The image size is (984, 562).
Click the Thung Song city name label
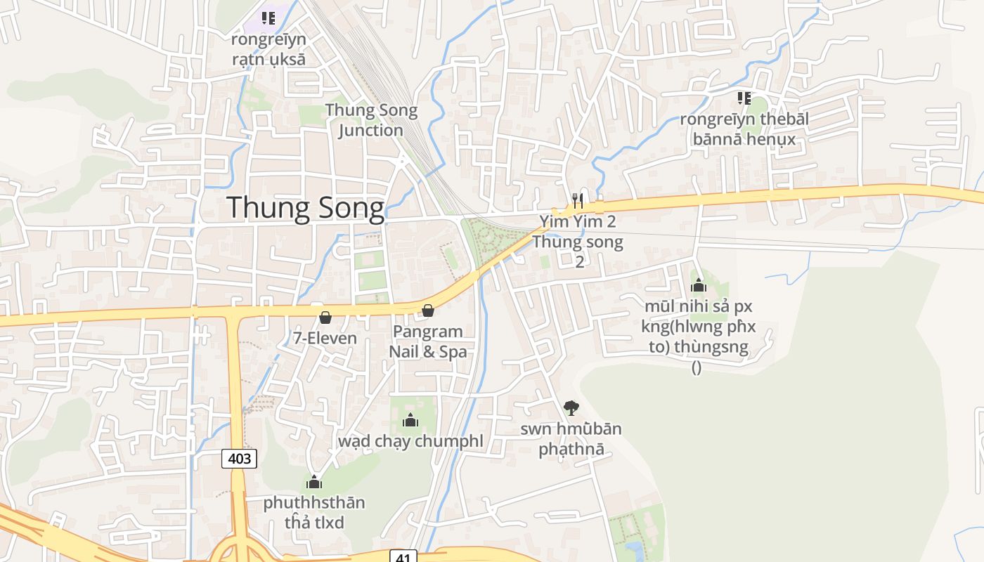pos(306,209)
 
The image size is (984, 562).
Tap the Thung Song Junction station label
pos(371,120)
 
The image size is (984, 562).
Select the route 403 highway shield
pos(240,459)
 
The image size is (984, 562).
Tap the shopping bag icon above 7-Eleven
pos(325,318)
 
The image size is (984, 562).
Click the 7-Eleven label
pos(325,338)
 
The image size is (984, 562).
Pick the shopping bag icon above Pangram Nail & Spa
pos(427,311)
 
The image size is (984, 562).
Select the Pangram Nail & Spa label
pos(427,341)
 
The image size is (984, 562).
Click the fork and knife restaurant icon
pos(578,201)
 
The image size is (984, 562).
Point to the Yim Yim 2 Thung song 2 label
pos(578,242)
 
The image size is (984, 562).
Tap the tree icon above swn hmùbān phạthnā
pos(571,407)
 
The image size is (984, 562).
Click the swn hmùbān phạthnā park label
pos(571,438)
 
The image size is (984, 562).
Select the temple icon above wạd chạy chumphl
pos(410,420)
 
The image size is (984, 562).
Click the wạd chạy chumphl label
pos(410,441)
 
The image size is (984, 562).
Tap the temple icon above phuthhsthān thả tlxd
pos(314,482)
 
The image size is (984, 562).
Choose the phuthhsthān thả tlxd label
pos(314,513)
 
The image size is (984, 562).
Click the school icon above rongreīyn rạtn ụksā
pos(268,18)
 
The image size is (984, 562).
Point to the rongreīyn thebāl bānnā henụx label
pos(744,129)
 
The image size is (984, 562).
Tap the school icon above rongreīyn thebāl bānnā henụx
pos(744,98)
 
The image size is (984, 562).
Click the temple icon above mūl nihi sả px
pos(698,285)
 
